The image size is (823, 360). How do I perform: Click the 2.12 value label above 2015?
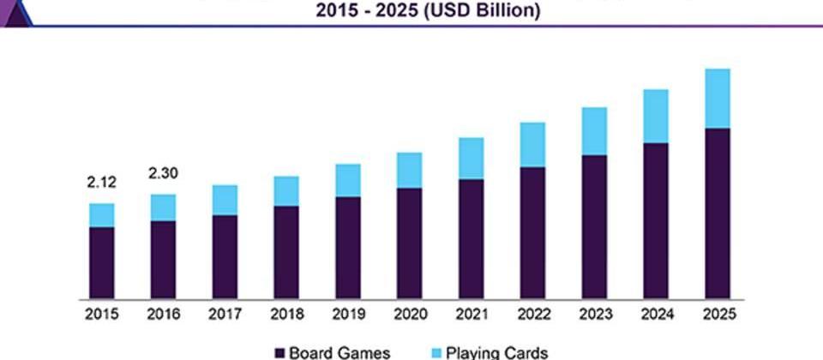tap(101, 182)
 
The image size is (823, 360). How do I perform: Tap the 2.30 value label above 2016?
tap(163, 173)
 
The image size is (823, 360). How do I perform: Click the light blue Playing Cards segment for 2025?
tap(717, 98)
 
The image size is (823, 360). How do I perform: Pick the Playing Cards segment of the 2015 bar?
tap(101, 215)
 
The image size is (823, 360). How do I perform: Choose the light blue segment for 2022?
tap(532, 144)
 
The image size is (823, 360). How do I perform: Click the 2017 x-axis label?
tap(225, 315)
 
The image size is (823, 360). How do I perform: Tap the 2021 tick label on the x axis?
tap(471, 315)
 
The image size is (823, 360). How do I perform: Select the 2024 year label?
tap(655, 315)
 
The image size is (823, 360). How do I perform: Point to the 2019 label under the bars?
tap(347, 315)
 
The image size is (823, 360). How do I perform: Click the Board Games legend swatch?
tap(279, 352)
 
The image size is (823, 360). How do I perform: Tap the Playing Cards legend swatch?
tap(435, 352)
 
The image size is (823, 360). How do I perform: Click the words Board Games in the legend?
tap(339, 352)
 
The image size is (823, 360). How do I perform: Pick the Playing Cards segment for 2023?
tap(594, 131)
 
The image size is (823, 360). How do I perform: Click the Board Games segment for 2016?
tap(163, 259)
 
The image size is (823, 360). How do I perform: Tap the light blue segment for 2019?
tap(347, 180)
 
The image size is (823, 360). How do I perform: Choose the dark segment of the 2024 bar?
tap(655, 219)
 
